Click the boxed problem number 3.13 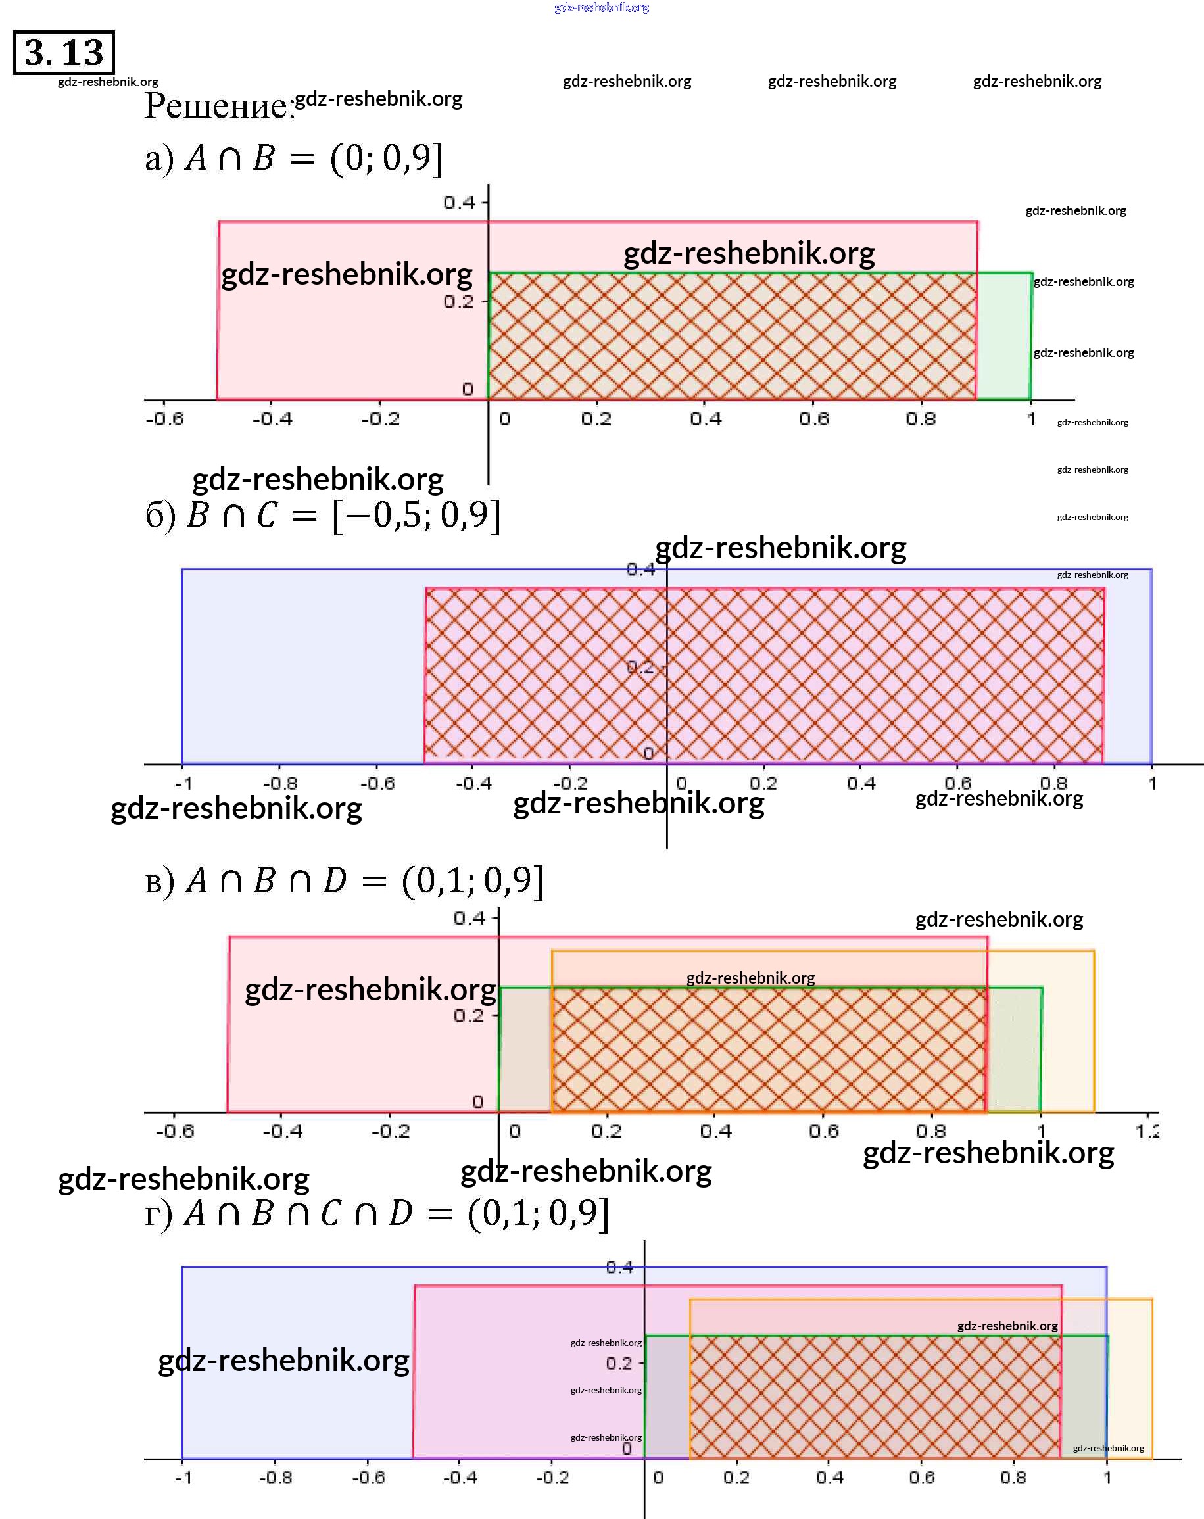(63, 52)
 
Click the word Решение (218, 106)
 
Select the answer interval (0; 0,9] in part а (386, 158)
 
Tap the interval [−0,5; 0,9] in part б (416, 516)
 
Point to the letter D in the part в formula (335, 880)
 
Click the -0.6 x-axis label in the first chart (165, 420)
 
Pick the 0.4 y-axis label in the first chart (460, 203)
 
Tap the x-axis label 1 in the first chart (1030, 420)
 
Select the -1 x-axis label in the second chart (183, 783)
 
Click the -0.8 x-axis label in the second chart (279, 783)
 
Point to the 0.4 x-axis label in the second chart (861, 783)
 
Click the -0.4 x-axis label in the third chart (283, 1132)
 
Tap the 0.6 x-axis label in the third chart (823, 1132)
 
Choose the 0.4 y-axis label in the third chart (470, 918)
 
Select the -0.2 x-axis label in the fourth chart (552, 1478)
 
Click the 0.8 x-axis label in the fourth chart (1013, 1478)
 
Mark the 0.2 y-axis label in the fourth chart (619, 1363)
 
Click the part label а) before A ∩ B (158, 159)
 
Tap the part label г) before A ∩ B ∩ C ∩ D (158, 1215)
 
